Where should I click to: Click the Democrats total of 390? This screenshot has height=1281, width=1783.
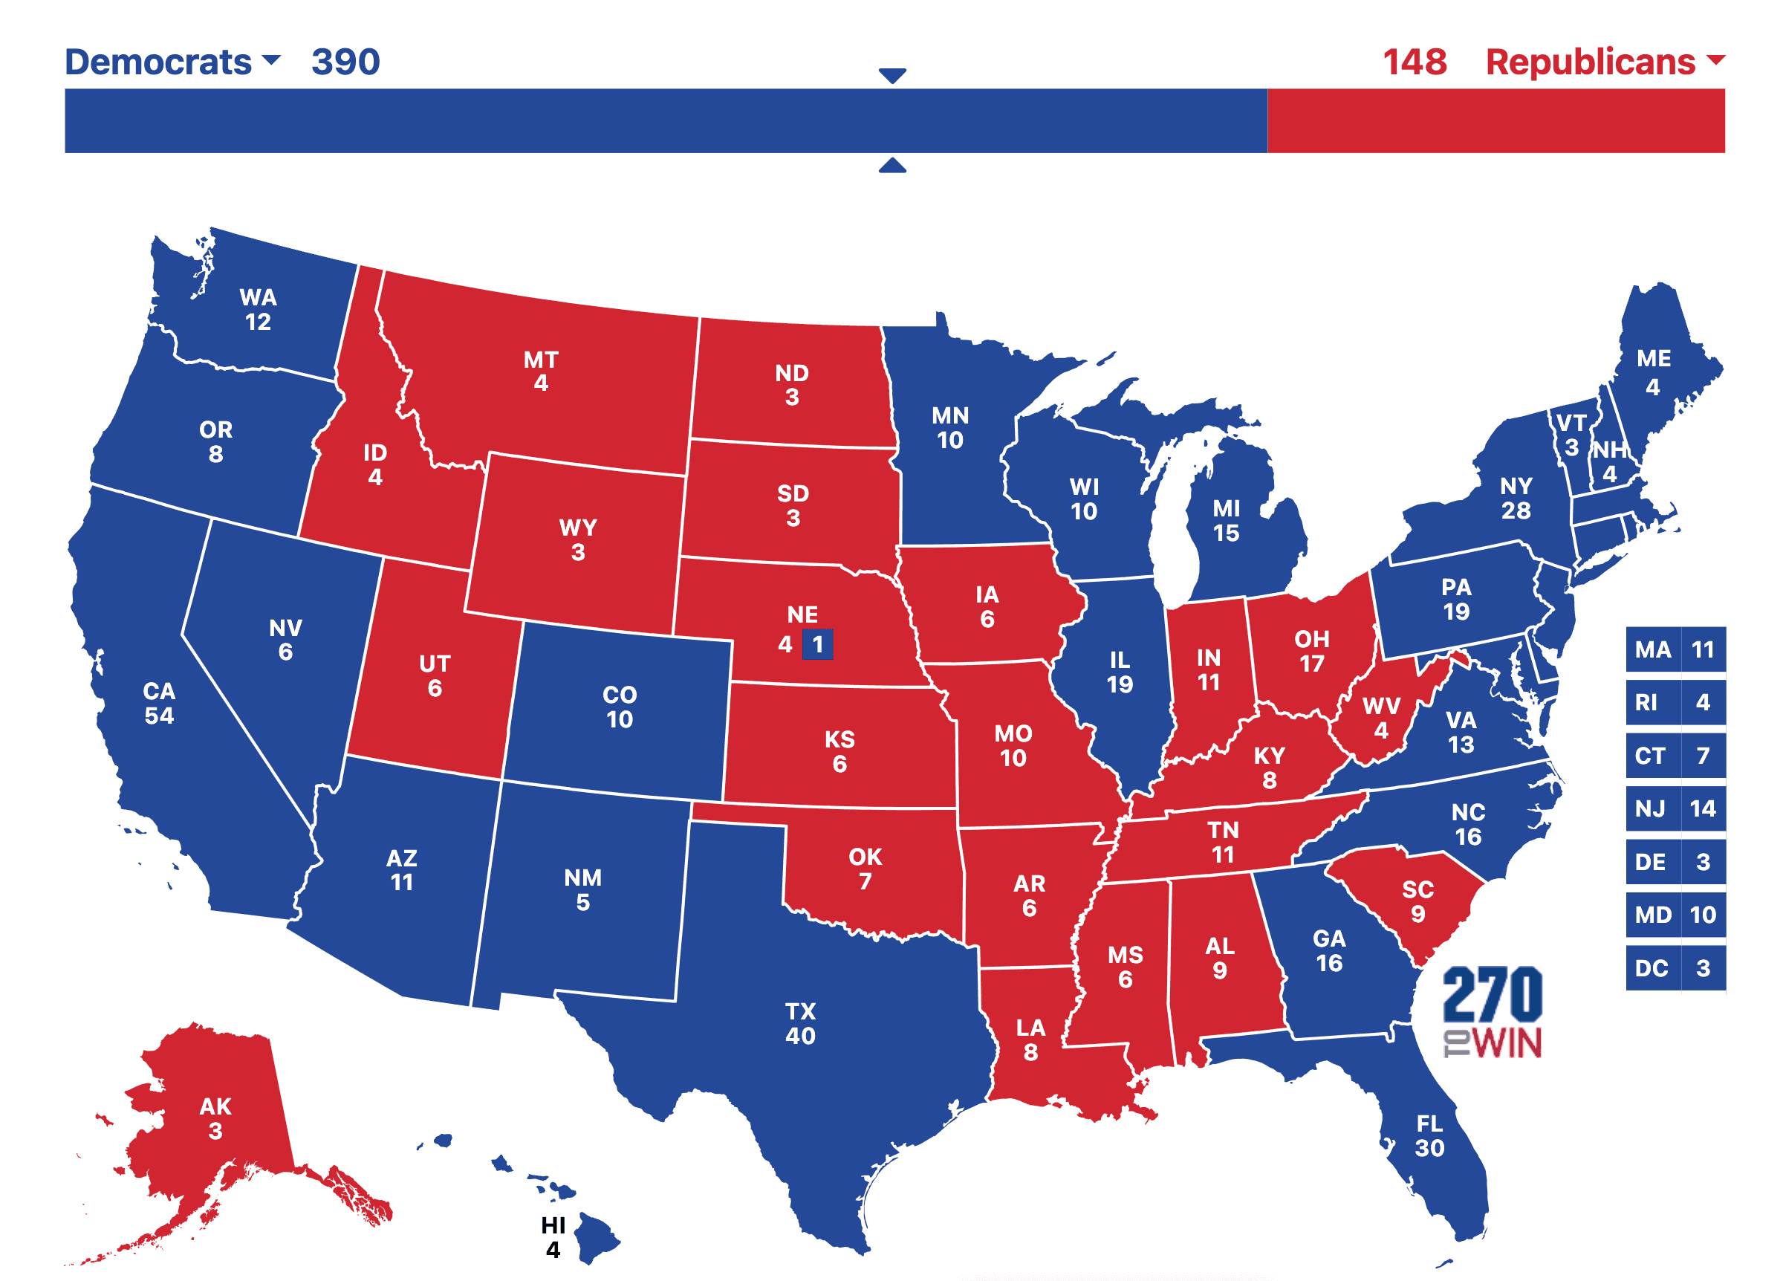coord(345,62)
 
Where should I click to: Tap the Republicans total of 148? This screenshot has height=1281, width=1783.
coord(1414,62)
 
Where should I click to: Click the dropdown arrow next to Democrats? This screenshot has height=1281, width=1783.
coord(270,59)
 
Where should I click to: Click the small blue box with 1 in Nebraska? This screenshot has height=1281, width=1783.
coord(816,644)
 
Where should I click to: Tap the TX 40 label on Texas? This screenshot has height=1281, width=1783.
coord(800,1022)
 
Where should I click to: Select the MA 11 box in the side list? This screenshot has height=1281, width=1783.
coord(1675,649)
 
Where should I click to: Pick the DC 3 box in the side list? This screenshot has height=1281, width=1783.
coord(1675,967)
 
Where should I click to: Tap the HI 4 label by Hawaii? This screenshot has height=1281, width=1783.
coord(553,1236)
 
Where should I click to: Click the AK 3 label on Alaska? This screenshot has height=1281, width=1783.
coord(215,1118)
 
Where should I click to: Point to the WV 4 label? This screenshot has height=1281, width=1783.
coord(1380,717)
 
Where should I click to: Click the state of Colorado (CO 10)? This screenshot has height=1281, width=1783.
coord(619,706)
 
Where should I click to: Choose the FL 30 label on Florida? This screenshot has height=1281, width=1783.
coord(1429,1135)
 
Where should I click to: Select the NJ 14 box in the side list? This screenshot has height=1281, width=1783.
coord(1675,808)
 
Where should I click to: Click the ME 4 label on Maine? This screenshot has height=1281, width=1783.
coord(1652,372)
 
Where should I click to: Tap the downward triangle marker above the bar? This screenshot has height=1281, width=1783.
coord(891,76)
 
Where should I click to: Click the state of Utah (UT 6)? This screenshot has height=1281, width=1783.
coord(435,675)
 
